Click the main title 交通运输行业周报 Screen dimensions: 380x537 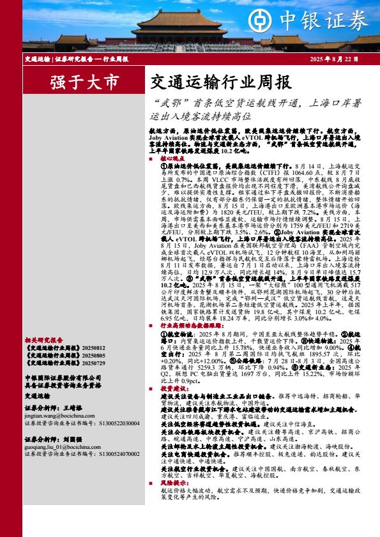211,82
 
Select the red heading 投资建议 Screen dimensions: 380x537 171,388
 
